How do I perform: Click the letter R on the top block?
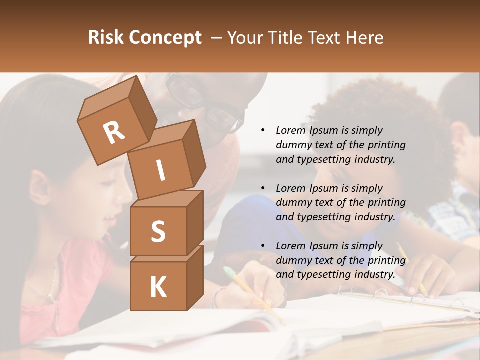point(114,133)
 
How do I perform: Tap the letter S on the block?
point(158,231)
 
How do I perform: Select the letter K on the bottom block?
point(158,287)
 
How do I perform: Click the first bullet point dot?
point(263,131)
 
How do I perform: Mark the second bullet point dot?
point(263,188)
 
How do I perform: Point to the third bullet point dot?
point(263,246)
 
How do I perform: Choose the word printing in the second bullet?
point(386,203)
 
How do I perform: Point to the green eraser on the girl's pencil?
point(229,273)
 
